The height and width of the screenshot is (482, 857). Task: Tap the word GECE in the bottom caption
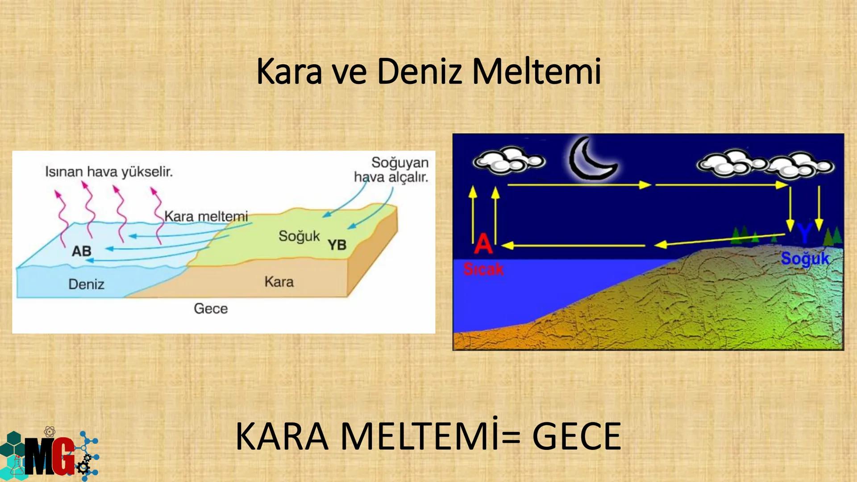(576, 436)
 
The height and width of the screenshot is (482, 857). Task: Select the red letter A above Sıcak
(483, 244)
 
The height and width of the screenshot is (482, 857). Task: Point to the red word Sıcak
(483, 269)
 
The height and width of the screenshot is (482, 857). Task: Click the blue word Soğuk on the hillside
(805, 259)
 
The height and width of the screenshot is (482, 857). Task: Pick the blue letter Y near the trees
(804, 233)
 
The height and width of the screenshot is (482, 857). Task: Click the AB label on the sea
(81, 251)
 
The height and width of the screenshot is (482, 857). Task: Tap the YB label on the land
(337, 245)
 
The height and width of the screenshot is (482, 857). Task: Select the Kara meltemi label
(206, 216)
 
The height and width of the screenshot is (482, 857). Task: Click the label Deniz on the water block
(86, 284)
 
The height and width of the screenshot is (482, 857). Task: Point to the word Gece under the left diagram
(211, 308)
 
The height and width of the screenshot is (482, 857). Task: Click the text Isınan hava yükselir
(109, 172)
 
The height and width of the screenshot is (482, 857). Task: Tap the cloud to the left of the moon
(508, 161)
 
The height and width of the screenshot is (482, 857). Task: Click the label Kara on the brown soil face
(279, 282)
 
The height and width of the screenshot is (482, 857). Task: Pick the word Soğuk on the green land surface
(299, 236)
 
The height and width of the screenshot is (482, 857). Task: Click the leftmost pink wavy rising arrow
(62, 216)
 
